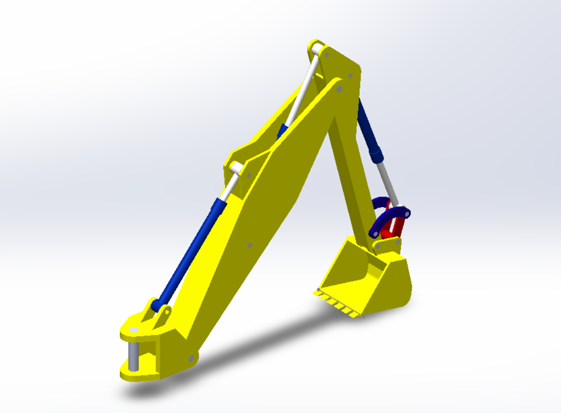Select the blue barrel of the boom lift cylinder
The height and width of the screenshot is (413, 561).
coord(190,252)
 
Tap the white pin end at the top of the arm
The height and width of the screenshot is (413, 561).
coord(316,48)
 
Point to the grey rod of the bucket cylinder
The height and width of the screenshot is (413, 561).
coord(387,181)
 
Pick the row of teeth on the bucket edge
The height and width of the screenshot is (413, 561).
coord(335,303)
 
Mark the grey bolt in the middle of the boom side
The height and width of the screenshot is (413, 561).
coord(250,245)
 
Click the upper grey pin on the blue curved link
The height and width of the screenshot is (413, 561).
coord(408,211)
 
